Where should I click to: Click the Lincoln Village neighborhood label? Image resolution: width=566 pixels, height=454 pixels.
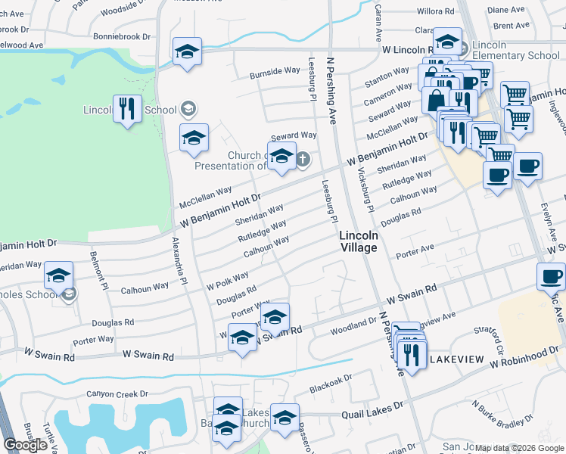(x=358, y=241)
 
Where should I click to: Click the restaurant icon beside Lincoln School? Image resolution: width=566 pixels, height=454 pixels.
(x=126, y=109)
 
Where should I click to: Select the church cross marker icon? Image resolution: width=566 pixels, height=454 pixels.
(x=303, y=159)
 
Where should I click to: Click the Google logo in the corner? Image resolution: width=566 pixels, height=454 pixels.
(x=25, y=445)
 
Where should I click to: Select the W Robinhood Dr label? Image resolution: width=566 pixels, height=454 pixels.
(x=527, y=363)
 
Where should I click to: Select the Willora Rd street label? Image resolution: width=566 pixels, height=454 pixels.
(x=434, y=12)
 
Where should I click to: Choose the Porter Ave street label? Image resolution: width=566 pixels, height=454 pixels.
(x=416, y=247)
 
